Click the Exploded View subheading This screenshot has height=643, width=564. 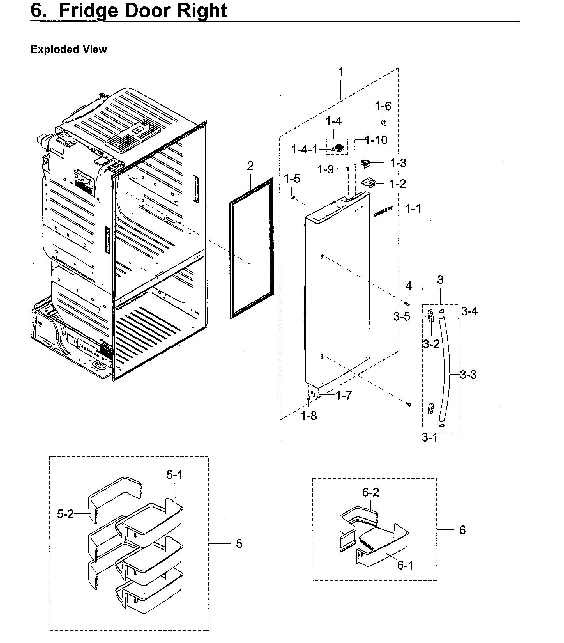69,50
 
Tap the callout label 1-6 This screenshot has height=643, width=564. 383,106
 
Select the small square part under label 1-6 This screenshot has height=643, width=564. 384,122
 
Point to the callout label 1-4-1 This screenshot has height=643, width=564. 304,149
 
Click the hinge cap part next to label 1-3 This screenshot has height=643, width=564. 366,164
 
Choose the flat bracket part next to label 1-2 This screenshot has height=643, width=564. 368,183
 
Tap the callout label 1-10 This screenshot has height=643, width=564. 376,140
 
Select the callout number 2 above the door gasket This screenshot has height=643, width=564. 250,166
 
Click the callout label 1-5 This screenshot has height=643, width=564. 292,179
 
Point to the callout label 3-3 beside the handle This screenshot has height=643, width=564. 468,375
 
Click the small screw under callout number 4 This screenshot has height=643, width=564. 407,303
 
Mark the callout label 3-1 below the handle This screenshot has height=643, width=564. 429,437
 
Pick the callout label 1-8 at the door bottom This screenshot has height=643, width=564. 309,416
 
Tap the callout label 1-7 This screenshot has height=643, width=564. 344,395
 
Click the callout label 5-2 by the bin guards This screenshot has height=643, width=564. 65,514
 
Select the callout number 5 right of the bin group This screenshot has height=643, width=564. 239,544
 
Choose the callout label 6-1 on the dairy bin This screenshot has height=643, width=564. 405,565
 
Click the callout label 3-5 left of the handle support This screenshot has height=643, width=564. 402,317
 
